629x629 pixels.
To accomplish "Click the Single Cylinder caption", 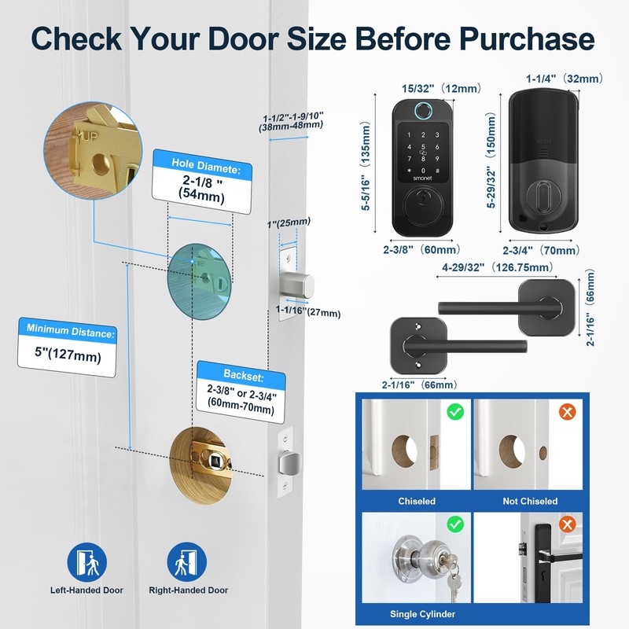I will tap(416, 614).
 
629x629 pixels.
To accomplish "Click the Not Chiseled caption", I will tap(530, 501).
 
